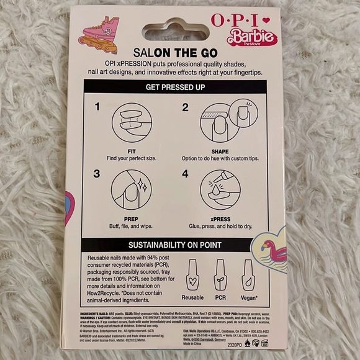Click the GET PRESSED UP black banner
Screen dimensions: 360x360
[180, 88]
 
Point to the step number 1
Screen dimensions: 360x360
[98, 107]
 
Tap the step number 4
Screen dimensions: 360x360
[185, 174]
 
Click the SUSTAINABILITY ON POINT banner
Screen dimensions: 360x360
[180, 243]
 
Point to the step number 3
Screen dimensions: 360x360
[98, 174]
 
